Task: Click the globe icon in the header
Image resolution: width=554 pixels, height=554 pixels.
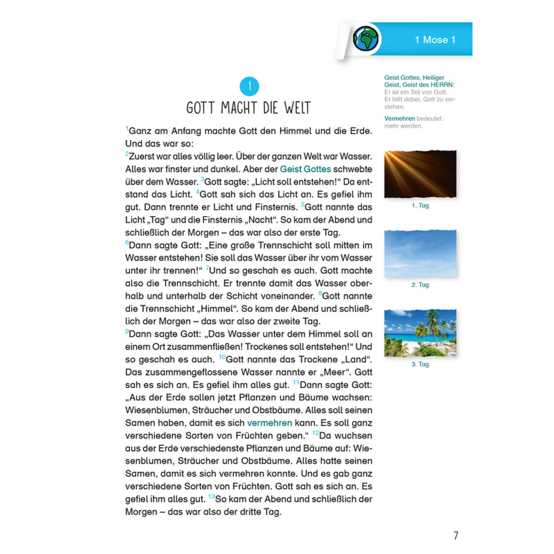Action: pyautogui.click(x=366, y=39)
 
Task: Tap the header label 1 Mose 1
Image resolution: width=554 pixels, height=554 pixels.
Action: pyautogui.click(x=435, y=40)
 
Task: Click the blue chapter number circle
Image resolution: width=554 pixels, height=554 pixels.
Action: pyautogui.click(x=249, y=86)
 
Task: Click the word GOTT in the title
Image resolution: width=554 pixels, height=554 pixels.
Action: pyautogui.click(x=201, y=108)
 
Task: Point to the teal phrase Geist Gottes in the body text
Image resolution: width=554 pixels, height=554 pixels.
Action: pyautogui.click(x=305, y=169)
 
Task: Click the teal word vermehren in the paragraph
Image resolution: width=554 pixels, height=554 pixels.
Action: pyautogui.click(x=269, y=423)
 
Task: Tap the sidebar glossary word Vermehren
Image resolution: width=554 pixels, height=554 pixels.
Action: pyautogui.click(x=399, y=118)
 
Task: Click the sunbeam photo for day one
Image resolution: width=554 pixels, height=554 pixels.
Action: pyautogui.click(x=420, y=174)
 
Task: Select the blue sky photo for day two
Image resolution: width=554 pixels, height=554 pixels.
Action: pyautogui.click(x=420, y=253)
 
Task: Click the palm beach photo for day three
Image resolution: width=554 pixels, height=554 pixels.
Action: pyautogui.click(x=420, y=333)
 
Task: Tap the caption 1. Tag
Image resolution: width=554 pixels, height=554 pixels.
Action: pyautogui.click(x=420, y=205)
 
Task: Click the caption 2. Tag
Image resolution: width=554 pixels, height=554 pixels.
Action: pyautogui.click(x=420, y=285)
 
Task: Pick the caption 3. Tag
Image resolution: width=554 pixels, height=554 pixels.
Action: pyautogui.click(x=420, y=364)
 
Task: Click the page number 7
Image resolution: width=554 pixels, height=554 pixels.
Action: pyautogui.click(x=456, y=535)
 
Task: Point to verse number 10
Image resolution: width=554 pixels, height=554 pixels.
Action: pyautogui.click(x=222, y=357)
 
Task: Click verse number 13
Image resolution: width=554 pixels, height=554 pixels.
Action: pyautogui.click(x=211, y=496)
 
